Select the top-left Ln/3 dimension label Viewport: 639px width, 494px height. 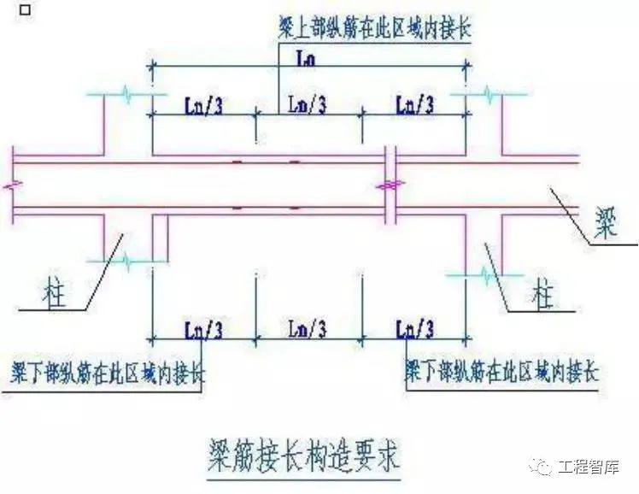(205, 105)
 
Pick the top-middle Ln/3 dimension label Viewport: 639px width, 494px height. (308, 105)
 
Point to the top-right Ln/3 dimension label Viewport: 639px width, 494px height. (415, 105)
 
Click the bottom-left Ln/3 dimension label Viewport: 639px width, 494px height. (205, 328)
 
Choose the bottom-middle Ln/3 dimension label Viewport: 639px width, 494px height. (308, 328)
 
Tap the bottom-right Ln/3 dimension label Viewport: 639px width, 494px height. (415, 328)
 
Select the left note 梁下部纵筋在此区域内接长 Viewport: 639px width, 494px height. (108, 373)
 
